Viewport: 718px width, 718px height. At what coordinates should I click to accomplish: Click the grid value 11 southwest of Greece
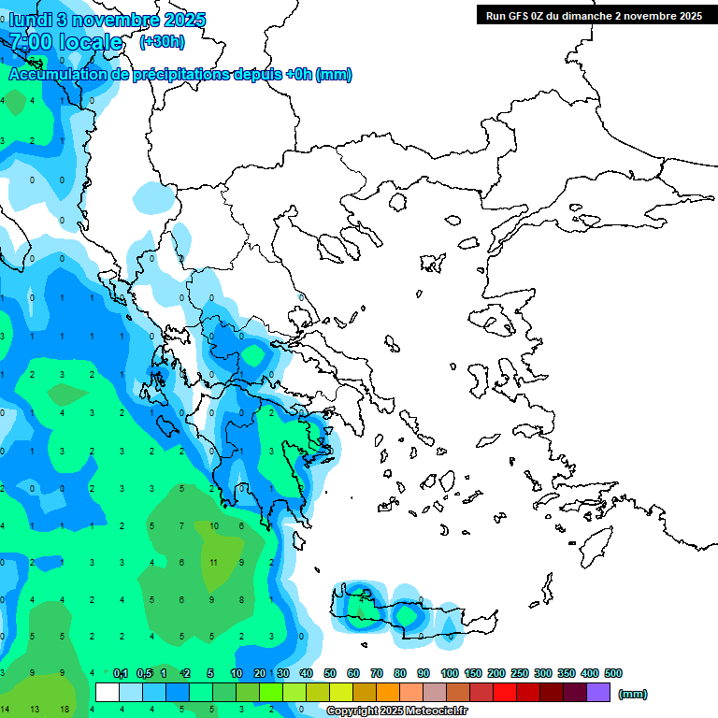pyautogui.click(x=214, y=563)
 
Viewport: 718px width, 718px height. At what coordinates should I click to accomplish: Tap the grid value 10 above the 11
pyautogui.click(x=214, y=526)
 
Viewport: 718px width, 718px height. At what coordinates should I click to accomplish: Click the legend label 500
pyautogui.click(x=612, y=673)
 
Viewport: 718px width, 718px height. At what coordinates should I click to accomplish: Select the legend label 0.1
pyautogui.click(x=121, y=673)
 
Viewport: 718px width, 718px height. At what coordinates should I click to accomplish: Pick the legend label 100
pyautogui.click(x=449, y=673)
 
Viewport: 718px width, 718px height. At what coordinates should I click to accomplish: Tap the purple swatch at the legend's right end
pyautogui.click(x=598, y=693)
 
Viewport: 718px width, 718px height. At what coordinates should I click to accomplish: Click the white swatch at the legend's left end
pyautogui.click(x=108, y=693)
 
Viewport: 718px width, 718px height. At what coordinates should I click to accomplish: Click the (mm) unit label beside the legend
pyautogui.click(x=633, y=694)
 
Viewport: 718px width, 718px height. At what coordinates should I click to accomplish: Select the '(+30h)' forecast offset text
pyautogui.click(x=162, y=42)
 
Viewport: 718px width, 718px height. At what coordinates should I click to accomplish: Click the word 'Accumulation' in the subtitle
pyautogui.click(x=56, y=75)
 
